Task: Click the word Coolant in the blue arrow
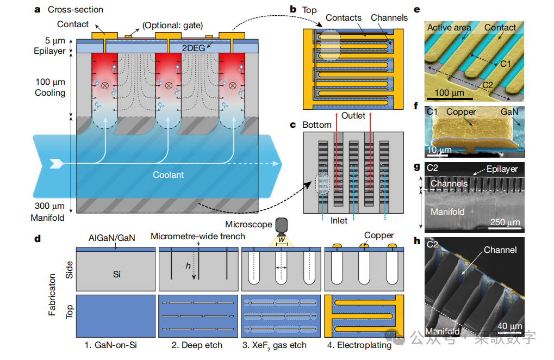click(168, 175)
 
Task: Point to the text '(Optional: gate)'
click(172, 26)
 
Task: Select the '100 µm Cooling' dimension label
click(50, 88)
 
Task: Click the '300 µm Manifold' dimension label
click(49, 213)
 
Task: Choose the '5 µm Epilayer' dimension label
click(50, 46)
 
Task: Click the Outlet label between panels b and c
click(353, 115)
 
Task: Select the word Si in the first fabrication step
click(117, 274)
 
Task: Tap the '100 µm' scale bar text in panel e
click(450, 92)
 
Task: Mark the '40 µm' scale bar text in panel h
click(509, 325)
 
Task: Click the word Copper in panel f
click(461, 112)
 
